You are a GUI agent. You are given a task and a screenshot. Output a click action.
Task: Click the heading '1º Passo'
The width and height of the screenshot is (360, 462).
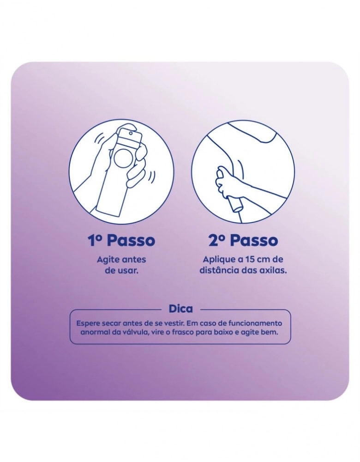coord(121,241)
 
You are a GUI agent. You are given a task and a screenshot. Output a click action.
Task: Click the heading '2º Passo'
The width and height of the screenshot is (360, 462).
coord(243,241)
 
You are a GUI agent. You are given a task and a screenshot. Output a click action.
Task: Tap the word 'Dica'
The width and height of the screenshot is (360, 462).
coord(181,309)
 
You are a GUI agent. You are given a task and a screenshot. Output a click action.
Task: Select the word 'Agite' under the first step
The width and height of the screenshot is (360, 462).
coord(107,260)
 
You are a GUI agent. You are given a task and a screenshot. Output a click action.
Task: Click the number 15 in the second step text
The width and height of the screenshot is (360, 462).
coord(250,260)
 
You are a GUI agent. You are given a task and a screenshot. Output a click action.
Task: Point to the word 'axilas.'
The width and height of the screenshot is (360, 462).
coord(274,270)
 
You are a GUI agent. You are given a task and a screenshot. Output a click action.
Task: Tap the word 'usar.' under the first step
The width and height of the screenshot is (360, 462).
coord(128,270)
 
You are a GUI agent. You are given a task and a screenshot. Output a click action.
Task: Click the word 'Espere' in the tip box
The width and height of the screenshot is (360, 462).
coord(87,323)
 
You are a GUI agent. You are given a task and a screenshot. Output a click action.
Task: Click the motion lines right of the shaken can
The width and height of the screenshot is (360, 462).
coord(151,177)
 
